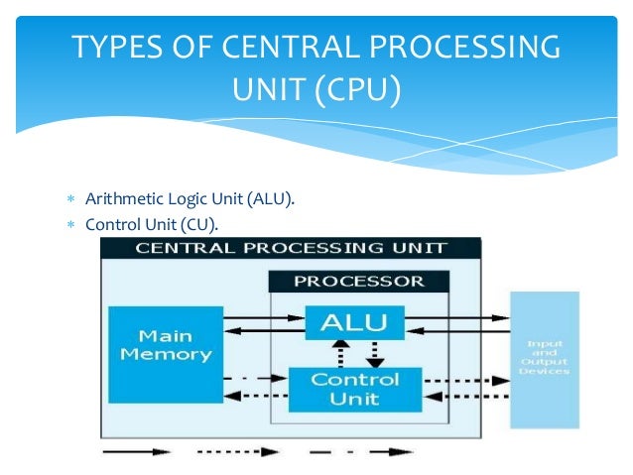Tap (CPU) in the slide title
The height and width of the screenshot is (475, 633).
[x=357, y=93]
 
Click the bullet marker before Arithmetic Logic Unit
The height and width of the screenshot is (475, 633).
[x=70, y=200]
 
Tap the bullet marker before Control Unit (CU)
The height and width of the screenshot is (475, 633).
[x=70, y=224]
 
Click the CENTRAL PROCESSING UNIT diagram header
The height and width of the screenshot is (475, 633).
[x=291, y=248]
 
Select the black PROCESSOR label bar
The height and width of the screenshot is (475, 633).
[x=359, y=281]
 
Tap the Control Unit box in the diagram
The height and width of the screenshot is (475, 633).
[x=355, y=389]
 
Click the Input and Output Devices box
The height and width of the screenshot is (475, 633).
[x=544, y=359]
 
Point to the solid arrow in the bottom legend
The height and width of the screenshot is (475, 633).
[x=137, y=451]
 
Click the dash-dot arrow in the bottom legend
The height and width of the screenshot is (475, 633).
[x=362, y=451]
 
